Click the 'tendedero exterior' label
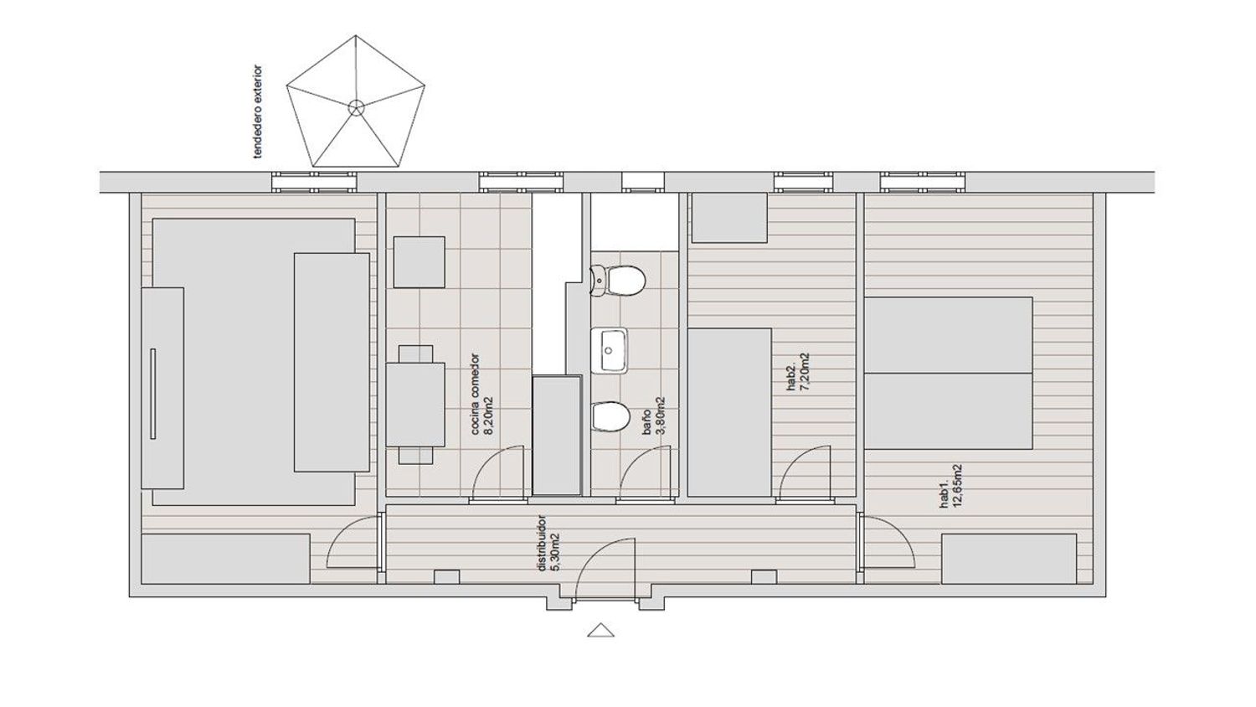pos(258,112)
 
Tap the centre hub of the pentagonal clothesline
pos(356,107)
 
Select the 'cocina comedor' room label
pos(475,394)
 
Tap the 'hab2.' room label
pos(792,378)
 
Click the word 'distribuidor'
pos(542,543)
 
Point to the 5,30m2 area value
pos(555,551)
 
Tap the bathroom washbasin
pos(610,351)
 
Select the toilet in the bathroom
pos(617,281)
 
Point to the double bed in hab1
pos(948,373)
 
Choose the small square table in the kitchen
pos(420,262)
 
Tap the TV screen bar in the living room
pos(152,394)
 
